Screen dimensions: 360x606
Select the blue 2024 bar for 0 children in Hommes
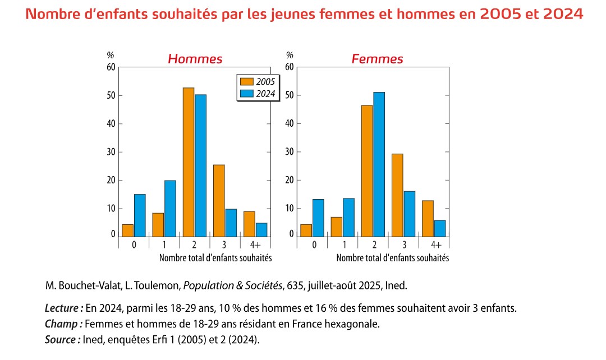pyautogui.click(x=140, y=215)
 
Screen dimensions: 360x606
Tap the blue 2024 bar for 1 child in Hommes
pyautogui.click(x=170, y=208)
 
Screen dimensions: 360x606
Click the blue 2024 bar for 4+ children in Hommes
pyautogui.click(x=261, y=229)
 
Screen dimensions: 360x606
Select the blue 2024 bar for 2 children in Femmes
pyautogui.click(x=379, y=164)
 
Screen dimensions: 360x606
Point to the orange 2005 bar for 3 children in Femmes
pyautogui.click(x=397, y=195)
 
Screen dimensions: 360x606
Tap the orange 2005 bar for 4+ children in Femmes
pyautogui.click(x=428, y=218)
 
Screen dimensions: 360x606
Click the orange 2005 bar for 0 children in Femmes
pyautogui.click(x=306, y=230)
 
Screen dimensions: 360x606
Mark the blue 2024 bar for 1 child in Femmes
pyautogui.click(x=348, y=217)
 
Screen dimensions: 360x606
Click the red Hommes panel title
pyautogui.click(x=195, y=59)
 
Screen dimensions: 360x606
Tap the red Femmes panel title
pyautogui.click(x=377, y=59)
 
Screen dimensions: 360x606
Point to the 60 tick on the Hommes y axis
pyautogui.click(x=111, y=67)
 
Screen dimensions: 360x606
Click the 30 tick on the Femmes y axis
pyautogui.click(x=290, y=152)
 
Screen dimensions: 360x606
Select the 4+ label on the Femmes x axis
pyautogui.click(x=436, y=245)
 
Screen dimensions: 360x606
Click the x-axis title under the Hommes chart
pyautogui.click(x=215, y=258)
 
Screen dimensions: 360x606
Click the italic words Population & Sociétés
pyautogui.click(x=233, y=286)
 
